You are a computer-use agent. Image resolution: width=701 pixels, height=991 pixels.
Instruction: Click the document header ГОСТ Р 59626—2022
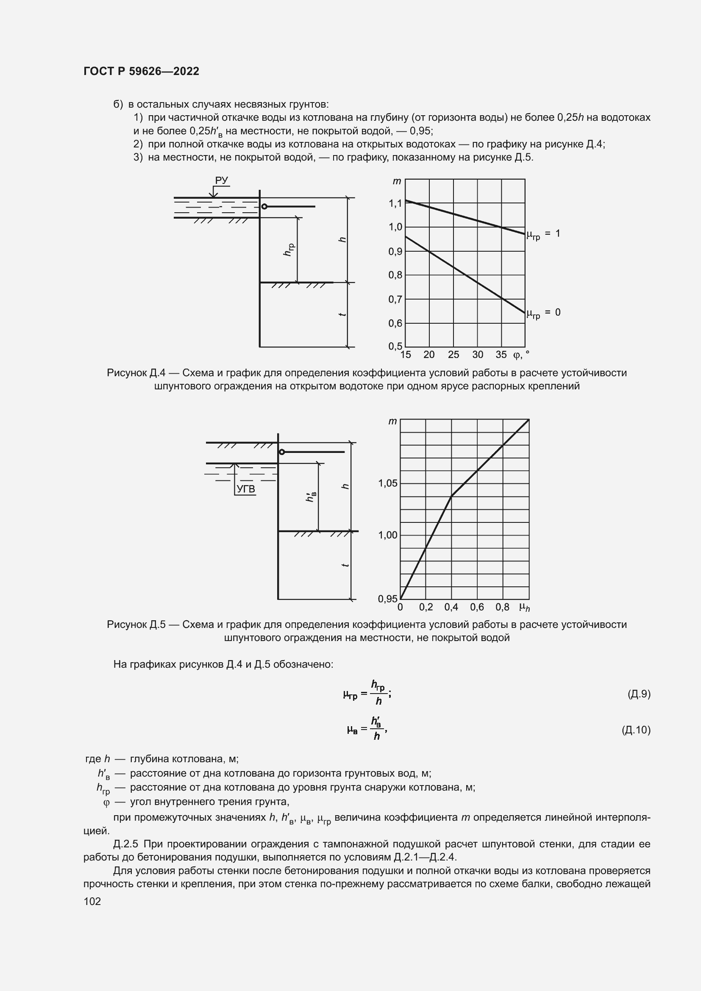coord(141,71)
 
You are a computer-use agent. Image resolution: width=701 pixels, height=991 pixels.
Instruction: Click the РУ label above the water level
coord(221,180)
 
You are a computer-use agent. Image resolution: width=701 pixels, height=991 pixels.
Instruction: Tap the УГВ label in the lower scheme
coord(246,489)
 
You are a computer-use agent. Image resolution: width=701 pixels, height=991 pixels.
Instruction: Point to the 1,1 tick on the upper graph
coord(395,203)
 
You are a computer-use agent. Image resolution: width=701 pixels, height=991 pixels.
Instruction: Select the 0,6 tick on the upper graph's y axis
coord(395,323)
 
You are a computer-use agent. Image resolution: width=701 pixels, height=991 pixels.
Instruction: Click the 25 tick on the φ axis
coord(453,355)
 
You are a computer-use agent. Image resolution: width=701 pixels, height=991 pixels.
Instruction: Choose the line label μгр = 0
coord(543,313)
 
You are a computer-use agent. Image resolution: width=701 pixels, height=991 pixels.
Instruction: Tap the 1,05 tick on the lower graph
coord(388,483)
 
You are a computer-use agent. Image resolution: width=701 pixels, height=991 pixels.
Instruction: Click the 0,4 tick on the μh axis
coord(451,607)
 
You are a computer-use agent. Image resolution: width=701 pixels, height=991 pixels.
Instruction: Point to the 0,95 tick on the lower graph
coord(387,599)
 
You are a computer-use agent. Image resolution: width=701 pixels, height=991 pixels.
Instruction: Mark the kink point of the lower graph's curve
coord(451,496)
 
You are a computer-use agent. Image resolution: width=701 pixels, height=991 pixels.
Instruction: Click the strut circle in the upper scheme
coord(264,207)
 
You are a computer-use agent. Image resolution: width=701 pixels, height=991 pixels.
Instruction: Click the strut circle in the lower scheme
coord(282,452)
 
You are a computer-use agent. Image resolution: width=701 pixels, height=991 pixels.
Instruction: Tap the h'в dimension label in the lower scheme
coord(311,497)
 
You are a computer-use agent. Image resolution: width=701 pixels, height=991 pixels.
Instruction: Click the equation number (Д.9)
coord(638,694)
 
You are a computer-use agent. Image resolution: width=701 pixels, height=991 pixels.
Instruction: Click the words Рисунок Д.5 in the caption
coord(136,625)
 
